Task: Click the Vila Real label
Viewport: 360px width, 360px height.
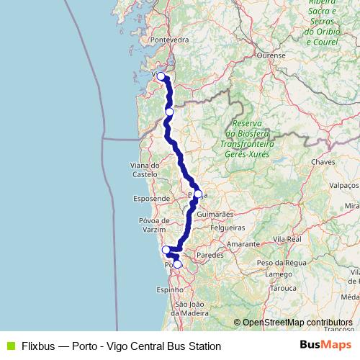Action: [286, 238]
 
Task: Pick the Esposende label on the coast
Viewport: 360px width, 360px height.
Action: [151, 198]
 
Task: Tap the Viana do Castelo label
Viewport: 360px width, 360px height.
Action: [145, 170]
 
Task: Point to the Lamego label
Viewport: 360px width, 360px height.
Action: [279, 274]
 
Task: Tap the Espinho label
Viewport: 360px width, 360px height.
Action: [170, 289]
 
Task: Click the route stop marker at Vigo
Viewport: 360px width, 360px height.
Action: [161, 76]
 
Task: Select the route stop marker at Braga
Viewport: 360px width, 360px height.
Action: [198, 194]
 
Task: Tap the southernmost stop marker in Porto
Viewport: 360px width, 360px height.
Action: [177, 264]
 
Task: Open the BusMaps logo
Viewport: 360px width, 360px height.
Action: [325, 345]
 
